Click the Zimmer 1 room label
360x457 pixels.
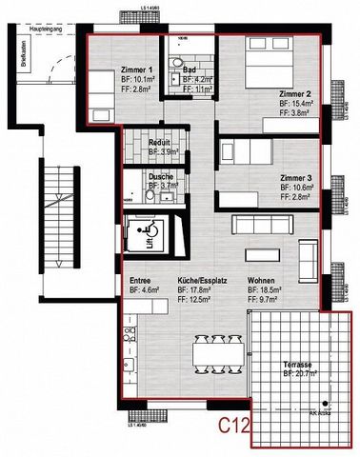(139, 71)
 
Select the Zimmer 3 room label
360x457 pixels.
(297, 178)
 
